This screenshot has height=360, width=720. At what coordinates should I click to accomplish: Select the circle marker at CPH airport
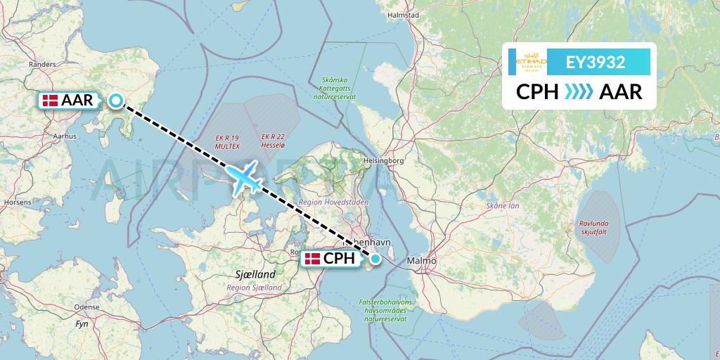pos(375,259)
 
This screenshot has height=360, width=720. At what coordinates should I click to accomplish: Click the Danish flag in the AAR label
pos(51,101)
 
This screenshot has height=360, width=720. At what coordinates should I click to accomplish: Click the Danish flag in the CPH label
pos(313,259)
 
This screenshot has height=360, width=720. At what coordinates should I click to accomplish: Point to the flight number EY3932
pos(596,63)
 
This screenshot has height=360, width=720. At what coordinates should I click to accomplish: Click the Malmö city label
pos(421,261)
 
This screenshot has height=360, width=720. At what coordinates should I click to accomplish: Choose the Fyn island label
pos(81,324)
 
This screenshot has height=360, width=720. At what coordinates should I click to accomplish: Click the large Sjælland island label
pos(252,274)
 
